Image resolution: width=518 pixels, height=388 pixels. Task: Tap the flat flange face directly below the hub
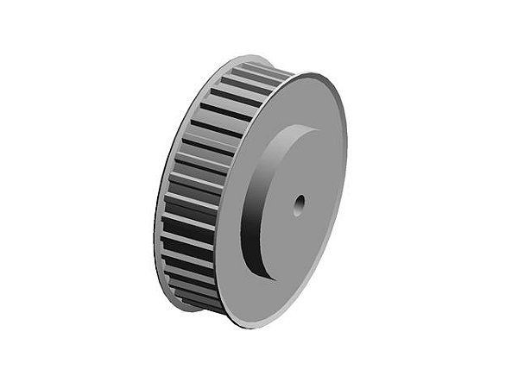pyautogui.click(x=259, y=297)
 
